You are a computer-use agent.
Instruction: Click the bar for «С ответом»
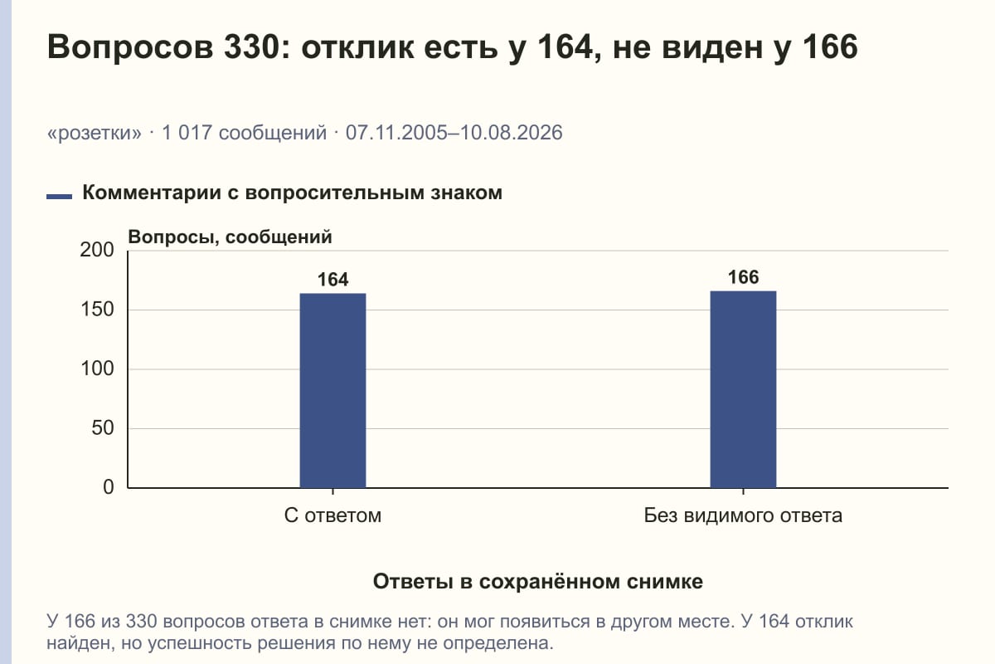(332, 390)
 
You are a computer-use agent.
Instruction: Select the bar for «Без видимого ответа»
(743, 389)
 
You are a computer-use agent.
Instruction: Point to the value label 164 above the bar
(332, 280)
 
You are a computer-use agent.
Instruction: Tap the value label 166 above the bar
(743, 277)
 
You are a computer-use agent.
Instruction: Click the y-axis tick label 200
(97, 250)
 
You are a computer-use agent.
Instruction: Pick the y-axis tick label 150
(97, 310)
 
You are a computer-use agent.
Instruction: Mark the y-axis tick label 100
(97, 369)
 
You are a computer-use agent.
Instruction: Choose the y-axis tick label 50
(103, 428)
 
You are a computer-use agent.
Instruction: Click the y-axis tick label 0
(109, 487)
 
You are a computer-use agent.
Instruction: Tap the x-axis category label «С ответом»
(332, 515)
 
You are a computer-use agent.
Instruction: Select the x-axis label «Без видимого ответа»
(743, 515)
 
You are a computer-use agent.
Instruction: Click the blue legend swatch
(59, 197)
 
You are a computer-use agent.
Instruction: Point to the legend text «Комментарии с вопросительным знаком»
(292, 193)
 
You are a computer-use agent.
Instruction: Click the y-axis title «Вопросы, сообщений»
(231, 237)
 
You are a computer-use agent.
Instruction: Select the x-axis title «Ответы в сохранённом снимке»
(538, 582)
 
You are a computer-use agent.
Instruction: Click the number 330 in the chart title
(251, 46)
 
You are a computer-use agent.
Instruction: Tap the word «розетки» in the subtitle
(95, 133)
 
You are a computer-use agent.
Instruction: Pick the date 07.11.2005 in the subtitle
(396, 133)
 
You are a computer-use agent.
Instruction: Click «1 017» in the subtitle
(187, 133)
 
